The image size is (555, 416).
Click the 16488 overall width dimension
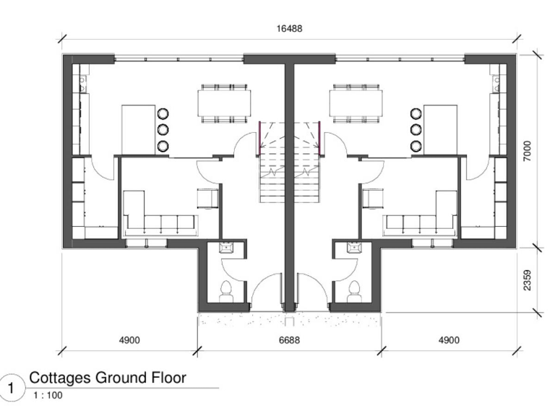pos(290,29)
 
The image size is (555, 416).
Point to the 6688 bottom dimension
pos(290,339)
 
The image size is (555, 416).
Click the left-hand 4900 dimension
pos(128,339)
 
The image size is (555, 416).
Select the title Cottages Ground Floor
pos(108,377)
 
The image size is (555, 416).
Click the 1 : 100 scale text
pos(41,395)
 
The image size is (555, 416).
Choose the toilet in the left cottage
pos(225,290)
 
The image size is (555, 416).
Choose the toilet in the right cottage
pos(354,290)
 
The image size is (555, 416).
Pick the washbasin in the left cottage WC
pos(225,248)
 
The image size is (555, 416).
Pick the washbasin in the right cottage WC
pos(354,248)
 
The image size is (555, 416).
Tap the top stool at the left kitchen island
pos(163,113)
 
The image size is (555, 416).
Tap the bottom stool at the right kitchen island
pos(416,146)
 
